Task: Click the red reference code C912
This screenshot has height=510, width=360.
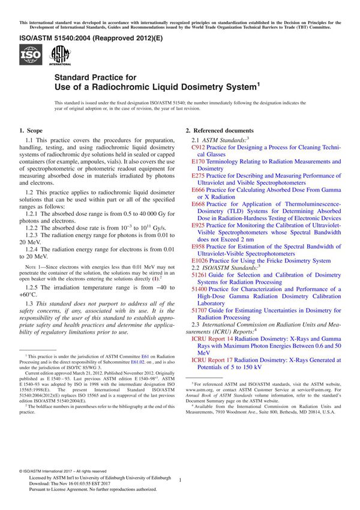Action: click(198, 147)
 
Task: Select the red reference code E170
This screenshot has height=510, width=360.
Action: click(198, 162)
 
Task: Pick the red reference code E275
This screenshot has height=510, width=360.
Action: click(198, 176)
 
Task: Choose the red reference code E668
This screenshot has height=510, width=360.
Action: click(198, 204)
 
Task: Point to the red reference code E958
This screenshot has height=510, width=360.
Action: click(198, 247)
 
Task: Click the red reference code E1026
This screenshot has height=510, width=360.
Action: click(200, 261)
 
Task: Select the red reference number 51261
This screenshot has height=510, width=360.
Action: click(199, 275)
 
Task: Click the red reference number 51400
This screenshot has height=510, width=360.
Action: click(199, 289)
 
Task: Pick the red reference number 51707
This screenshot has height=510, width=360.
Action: click(199, 311)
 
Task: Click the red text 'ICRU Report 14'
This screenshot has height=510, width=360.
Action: click(213, 340)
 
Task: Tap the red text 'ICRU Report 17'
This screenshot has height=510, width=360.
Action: click(213, 361)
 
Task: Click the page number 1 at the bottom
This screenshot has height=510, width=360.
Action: click(180, 479)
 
